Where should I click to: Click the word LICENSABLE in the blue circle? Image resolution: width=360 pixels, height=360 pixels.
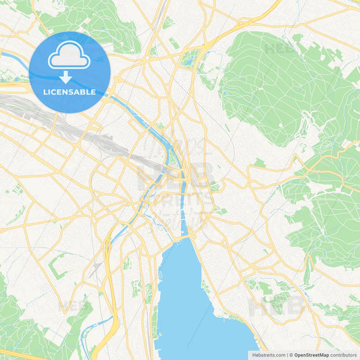70,91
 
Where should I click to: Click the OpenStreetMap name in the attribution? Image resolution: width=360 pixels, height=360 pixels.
311,355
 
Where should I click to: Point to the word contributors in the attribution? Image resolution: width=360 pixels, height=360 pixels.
343,355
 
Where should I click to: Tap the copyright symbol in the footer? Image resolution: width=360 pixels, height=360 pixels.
290,355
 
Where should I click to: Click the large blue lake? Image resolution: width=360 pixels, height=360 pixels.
189,297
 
